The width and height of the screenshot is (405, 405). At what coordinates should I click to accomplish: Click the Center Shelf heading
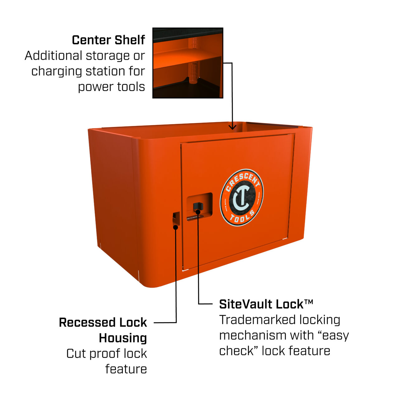click(108, 40)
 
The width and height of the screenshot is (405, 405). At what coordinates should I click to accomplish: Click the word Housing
click(123, 338)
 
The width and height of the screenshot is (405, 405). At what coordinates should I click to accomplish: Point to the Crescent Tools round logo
click(242, 198)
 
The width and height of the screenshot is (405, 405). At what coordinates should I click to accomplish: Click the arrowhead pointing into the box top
click(232, 127)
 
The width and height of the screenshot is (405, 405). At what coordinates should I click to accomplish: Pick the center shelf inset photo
click(188, 63)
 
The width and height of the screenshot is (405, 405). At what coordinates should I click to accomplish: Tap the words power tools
click(111, 87)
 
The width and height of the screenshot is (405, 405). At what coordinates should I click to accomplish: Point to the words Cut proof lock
click(107, 354)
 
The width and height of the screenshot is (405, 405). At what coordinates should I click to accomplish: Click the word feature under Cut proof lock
click(126, 369)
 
